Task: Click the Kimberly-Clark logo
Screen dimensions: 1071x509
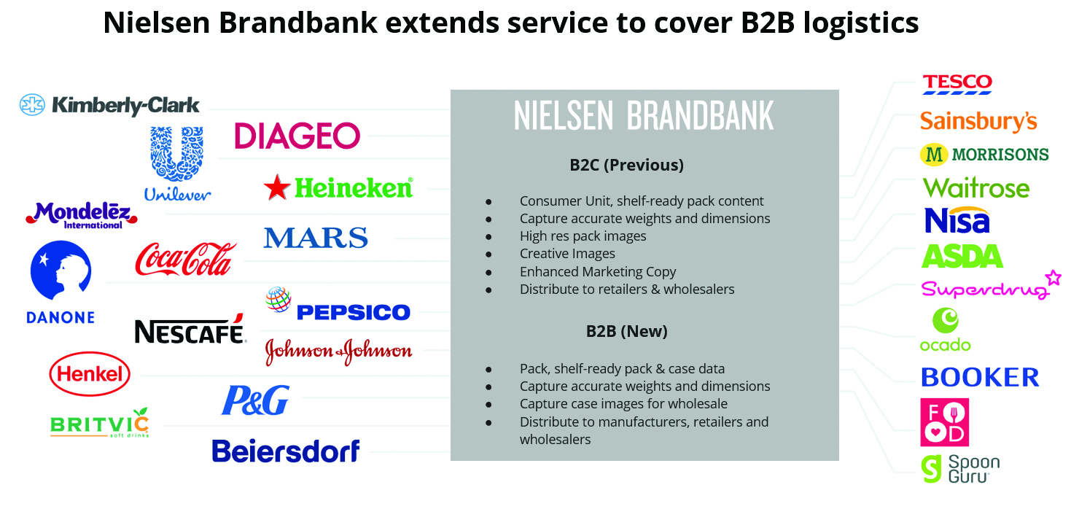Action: coord(109,105)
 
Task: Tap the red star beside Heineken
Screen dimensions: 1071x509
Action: coord(277,187)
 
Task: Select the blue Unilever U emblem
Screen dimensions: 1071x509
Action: coord(177,153)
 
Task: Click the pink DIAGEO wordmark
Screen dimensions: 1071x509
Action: coord(297,136)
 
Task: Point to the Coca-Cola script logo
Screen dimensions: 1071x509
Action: coord(185,259)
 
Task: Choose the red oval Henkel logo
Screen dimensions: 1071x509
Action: coord(90,373)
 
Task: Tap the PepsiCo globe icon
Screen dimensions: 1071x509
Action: coord(279,299)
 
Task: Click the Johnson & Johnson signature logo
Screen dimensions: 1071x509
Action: coord(338,351)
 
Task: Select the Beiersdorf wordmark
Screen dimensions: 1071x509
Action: coord(286,451)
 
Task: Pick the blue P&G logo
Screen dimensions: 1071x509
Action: coord(255,400)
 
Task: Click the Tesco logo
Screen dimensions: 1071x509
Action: coord(957,84)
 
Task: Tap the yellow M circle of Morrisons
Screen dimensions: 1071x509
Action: coord(934,155)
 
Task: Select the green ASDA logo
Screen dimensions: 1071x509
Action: coord(962,256)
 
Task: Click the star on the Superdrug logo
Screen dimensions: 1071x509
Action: coord(1053,277)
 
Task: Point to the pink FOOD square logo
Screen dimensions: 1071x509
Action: coord(945,422)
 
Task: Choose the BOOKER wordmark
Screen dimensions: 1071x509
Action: coord(980,377)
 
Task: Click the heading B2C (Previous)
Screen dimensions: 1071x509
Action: coord(626,165)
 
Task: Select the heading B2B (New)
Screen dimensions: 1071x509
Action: coord(626,331)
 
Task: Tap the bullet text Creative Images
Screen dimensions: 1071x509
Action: coord(567,254)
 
